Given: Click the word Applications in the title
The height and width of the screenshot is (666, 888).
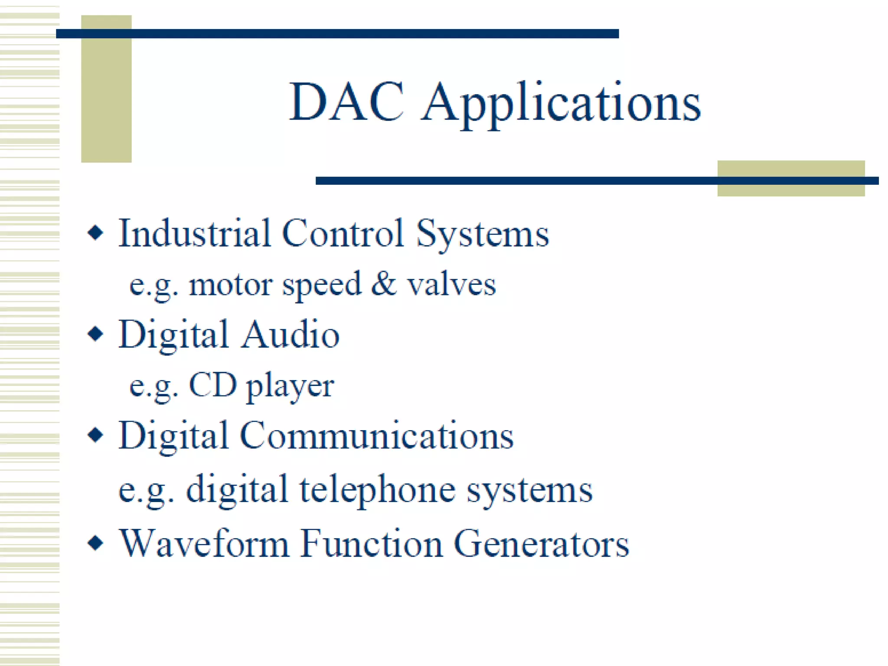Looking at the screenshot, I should click(x=561, y=104).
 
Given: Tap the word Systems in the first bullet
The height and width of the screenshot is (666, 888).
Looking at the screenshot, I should click(x=482, y=234).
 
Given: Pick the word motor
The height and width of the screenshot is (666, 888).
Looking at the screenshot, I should click(x=230, y=285).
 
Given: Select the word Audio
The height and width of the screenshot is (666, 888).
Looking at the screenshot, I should click(x=290, y=334).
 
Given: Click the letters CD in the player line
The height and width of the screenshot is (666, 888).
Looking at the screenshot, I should click(x=212, y=385).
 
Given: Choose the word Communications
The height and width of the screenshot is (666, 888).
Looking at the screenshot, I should click(x=376, y=435).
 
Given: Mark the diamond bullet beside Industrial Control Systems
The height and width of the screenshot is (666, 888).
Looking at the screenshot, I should click(x=95, y=233).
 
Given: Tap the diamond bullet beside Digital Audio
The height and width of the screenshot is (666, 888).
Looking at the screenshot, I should click(x=95, y=334).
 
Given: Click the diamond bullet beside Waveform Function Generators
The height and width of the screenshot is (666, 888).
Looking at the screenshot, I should click(x=95, y=543).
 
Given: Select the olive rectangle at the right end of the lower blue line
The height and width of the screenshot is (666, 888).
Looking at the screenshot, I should click(x=790, y=179).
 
